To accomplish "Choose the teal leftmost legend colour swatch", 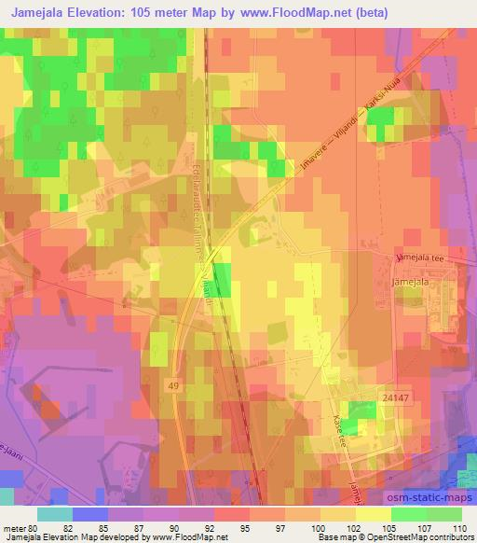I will [x=55, y=514].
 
